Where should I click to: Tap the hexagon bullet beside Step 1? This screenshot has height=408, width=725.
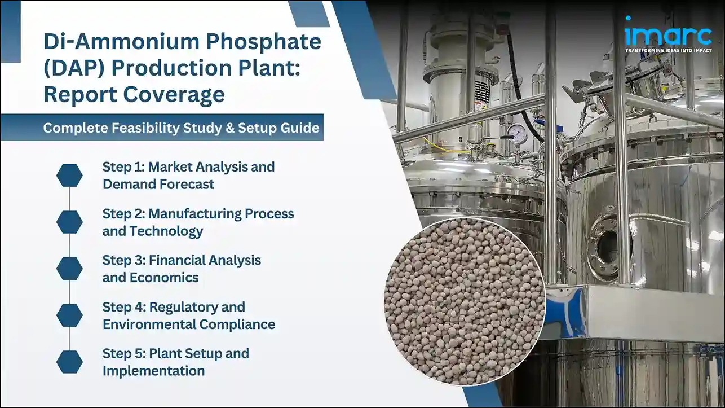(69, 176)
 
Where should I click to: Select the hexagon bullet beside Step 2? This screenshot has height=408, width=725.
(69, 222)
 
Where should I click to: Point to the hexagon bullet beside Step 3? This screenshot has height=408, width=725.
(69, 269)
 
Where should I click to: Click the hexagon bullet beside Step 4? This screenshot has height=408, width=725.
(69, 315)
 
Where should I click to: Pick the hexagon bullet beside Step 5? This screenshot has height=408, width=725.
(69, 362)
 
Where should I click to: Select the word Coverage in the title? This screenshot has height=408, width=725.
(173, 94)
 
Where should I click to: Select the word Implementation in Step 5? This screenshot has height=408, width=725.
(153, 371)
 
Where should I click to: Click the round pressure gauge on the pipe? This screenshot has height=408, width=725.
(516, 133)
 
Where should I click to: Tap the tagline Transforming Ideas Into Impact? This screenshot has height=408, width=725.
(667, 50)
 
